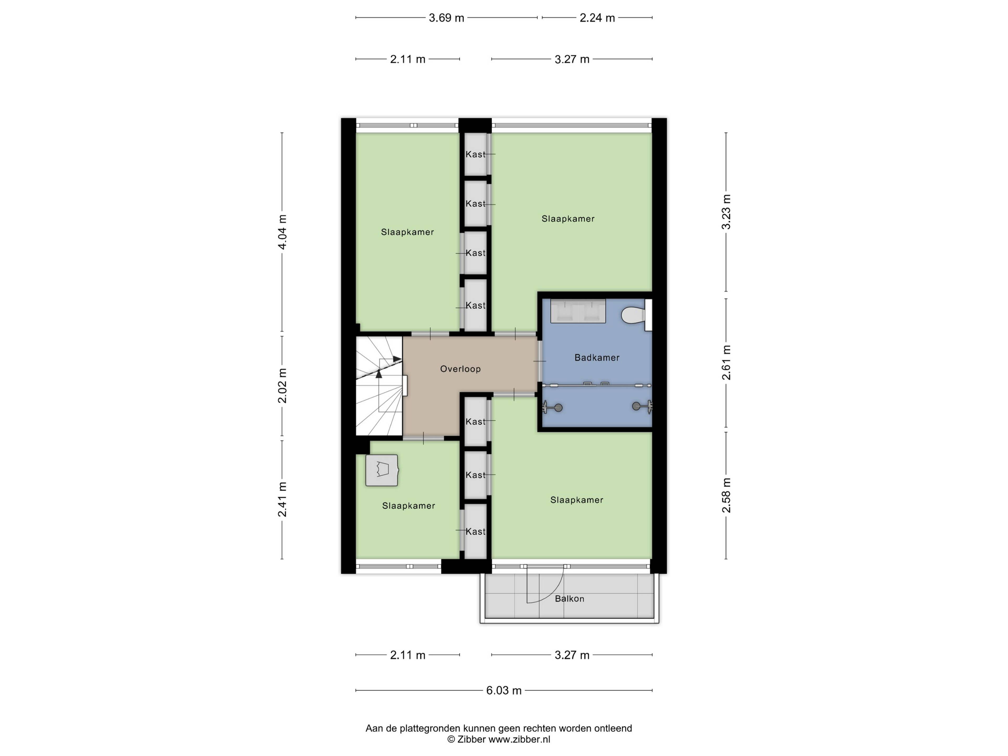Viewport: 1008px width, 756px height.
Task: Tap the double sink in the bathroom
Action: coord(578,311)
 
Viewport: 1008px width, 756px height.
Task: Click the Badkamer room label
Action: coord(597,358)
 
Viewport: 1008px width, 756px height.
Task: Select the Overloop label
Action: coord(460,369)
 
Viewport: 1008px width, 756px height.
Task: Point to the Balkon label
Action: coord(570,599)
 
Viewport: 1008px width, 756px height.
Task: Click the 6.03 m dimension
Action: coord(503,690)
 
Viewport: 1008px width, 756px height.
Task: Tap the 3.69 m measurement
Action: coord(447,18)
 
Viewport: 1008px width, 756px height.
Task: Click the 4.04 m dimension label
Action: coord(282,232)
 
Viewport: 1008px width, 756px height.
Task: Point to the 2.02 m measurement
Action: coord(282,386)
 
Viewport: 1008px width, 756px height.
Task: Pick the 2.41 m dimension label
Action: coord(282,500)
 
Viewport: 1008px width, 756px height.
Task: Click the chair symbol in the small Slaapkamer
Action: coord(382,470)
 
